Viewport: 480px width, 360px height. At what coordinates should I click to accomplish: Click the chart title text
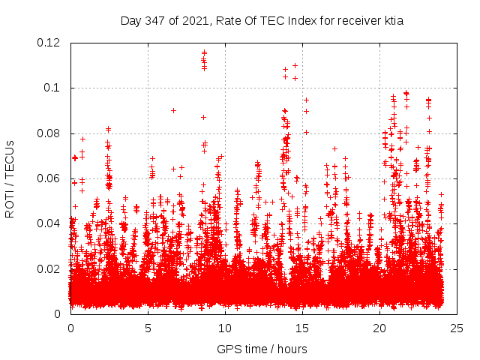pos(262,21)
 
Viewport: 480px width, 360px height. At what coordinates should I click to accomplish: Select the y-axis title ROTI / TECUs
pos(10,178)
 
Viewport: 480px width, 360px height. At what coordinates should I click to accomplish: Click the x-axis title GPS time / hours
pos(262,349)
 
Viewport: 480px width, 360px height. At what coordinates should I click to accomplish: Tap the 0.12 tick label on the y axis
pos(52,43)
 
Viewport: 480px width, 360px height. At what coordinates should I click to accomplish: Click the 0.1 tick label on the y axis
pos(55,88)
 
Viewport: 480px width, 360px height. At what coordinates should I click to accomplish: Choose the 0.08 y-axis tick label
pos(52,133)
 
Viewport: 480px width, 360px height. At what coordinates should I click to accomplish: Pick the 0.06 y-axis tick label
pos(52,178)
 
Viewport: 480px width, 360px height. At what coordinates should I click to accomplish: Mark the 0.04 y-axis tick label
pos(52,223)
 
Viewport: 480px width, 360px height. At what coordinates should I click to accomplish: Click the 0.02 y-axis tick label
pos(52,269)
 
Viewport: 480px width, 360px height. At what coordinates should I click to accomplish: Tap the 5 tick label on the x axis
pos(148,328)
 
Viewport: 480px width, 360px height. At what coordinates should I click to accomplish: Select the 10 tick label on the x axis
pos(225,328)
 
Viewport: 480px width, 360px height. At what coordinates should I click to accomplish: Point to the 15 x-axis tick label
pos(302,328)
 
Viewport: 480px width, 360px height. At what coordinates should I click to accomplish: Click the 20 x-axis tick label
pos(379,328)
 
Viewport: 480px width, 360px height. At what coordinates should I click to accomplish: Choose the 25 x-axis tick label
pos(457,328)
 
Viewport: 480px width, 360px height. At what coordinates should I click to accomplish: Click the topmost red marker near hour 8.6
pos(204,52)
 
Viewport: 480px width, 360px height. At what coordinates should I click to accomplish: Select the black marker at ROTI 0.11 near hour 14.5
pos(295,65)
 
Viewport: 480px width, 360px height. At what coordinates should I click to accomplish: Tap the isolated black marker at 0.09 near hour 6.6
pos(173,110)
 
